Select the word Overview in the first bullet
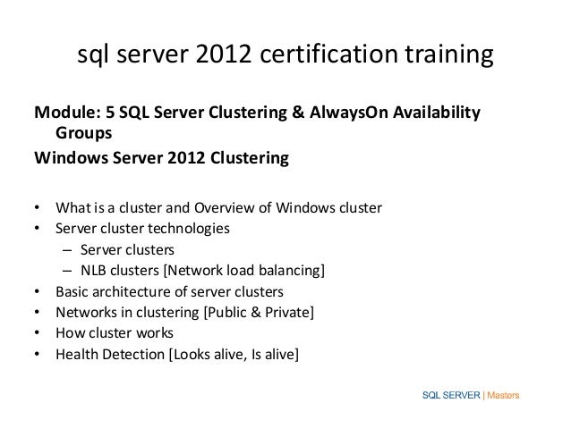(x=227, y=209)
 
